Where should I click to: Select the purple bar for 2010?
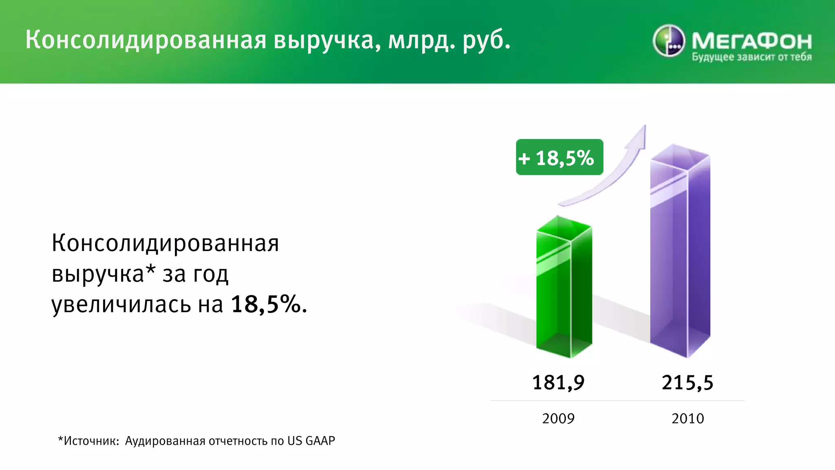pos(680,253)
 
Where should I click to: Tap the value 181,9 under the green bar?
pos(558,383)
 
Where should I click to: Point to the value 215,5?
pos(687,383)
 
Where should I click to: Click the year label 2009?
pos(558,419)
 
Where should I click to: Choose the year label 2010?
pos(687,419)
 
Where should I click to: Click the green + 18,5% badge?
pos(559,157)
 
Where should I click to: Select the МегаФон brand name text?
pos(751,41)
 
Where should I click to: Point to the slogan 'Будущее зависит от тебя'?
pos(751,57)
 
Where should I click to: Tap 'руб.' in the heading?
pos(486,41)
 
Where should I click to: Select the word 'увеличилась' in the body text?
pos(121,304)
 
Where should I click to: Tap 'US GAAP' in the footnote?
pos(311,441)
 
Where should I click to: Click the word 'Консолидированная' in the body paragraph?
pos(165,243)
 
